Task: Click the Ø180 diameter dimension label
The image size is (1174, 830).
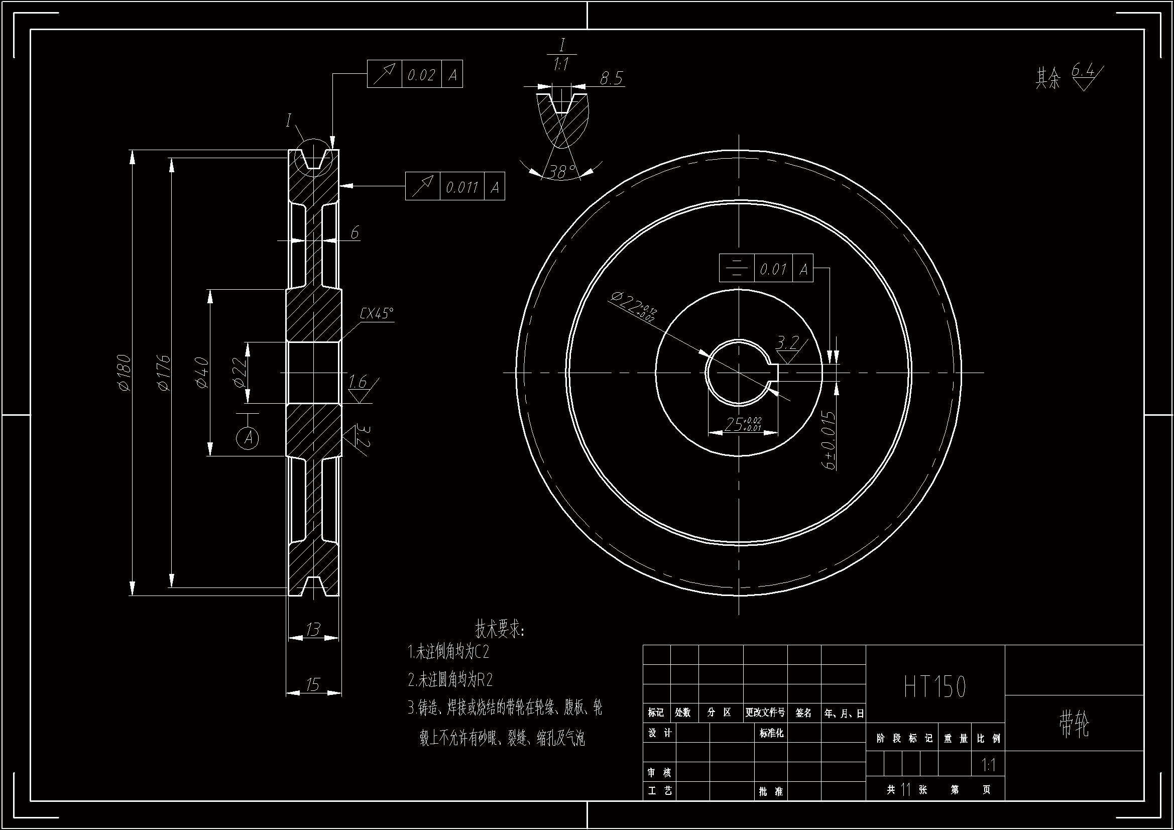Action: tap(124, 372)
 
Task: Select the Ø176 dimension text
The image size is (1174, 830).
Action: tap(164, 372)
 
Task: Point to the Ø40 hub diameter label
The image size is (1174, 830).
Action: tap(202, 372)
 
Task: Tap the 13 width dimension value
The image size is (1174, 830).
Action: tap(313, 629)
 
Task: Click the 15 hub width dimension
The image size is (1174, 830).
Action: tap(313, 684)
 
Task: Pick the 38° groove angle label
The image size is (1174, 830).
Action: tap(562, 172)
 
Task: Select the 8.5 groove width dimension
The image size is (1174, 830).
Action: tap(611, 78)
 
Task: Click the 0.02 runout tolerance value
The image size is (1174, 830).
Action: tap(421, 75)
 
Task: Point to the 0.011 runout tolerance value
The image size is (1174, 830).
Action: tap(462, 187)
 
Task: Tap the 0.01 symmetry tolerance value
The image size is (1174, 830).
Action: tap(773, 269)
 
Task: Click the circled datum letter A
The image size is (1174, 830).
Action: tap(248, 438)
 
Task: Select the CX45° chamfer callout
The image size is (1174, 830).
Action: tap(377, 313)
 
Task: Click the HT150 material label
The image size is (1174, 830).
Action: tap(935, 687)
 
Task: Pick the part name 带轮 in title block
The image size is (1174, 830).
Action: tap(1075, 724)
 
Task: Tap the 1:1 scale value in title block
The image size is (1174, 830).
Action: tap(988, 765)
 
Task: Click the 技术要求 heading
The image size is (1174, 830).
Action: tap(500, 629)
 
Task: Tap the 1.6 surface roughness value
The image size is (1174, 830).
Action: tap(358, 382)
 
